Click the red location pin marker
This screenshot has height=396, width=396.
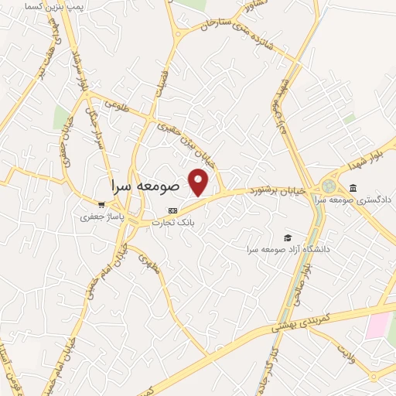[200, 182]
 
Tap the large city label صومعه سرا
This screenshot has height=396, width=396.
[145, 186]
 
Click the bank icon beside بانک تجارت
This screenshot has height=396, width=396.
[172, 210]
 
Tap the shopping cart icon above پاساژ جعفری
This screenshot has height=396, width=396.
[101, 205]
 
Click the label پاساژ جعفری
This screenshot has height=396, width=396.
[97, 217]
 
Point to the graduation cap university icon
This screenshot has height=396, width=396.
[288, 237]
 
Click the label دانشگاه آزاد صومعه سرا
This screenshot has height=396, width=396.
[288, 249]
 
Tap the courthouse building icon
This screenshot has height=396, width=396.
[353, 188]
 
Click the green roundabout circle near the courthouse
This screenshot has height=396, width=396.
[329, 186]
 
